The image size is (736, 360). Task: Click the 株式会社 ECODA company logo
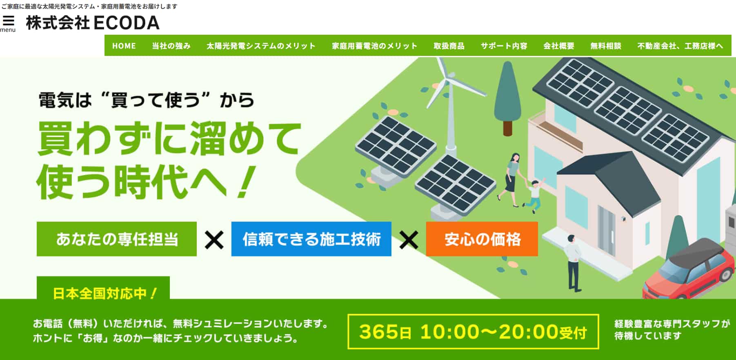[x=93, y=23]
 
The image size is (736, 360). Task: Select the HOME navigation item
[x=124, y=46]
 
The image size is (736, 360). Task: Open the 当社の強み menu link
[x=171, y=46]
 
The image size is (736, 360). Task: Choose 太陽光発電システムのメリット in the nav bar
[x=261, y=46]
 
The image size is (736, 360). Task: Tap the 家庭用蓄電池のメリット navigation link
[x=374, y=46]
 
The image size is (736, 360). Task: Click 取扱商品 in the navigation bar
[x=449, y=46]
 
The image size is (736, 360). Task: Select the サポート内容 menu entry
[x=504, y=46]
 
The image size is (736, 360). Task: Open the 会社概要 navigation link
[x=559, y=46]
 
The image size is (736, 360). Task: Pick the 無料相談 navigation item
[x=606, y=46]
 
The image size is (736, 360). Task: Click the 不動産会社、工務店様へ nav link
[x=680, y=46]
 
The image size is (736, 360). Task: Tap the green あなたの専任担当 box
[x=117, y=239]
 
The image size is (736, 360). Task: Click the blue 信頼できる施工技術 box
[x=311, y=239]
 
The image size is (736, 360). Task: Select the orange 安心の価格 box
[x=482, y=239]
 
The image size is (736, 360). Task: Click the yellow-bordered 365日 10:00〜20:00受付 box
[x=473, y=331]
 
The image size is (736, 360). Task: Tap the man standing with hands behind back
[x=573, y=262]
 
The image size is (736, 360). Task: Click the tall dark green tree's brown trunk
[x=507, y=127]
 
